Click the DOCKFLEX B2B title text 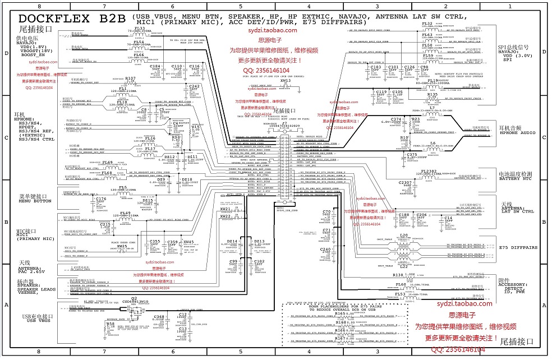pos(72,17)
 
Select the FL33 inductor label pos(139,28)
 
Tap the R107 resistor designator pos(130,79)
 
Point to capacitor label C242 pos(194,86)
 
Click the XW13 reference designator pos(286,81)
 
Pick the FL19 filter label pos(433,81)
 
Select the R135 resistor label pos(433,95)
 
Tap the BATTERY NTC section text pos(517,178)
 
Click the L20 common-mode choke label pos(403,236)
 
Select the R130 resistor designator pos(398,275)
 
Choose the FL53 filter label pos(400,294)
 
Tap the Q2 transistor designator pos(134,298)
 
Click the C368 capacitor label pos(159,317)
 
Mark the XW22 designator pos(226,216)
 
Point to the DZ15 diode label pos(148,200)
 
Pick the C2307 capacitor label pos(405,183)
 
